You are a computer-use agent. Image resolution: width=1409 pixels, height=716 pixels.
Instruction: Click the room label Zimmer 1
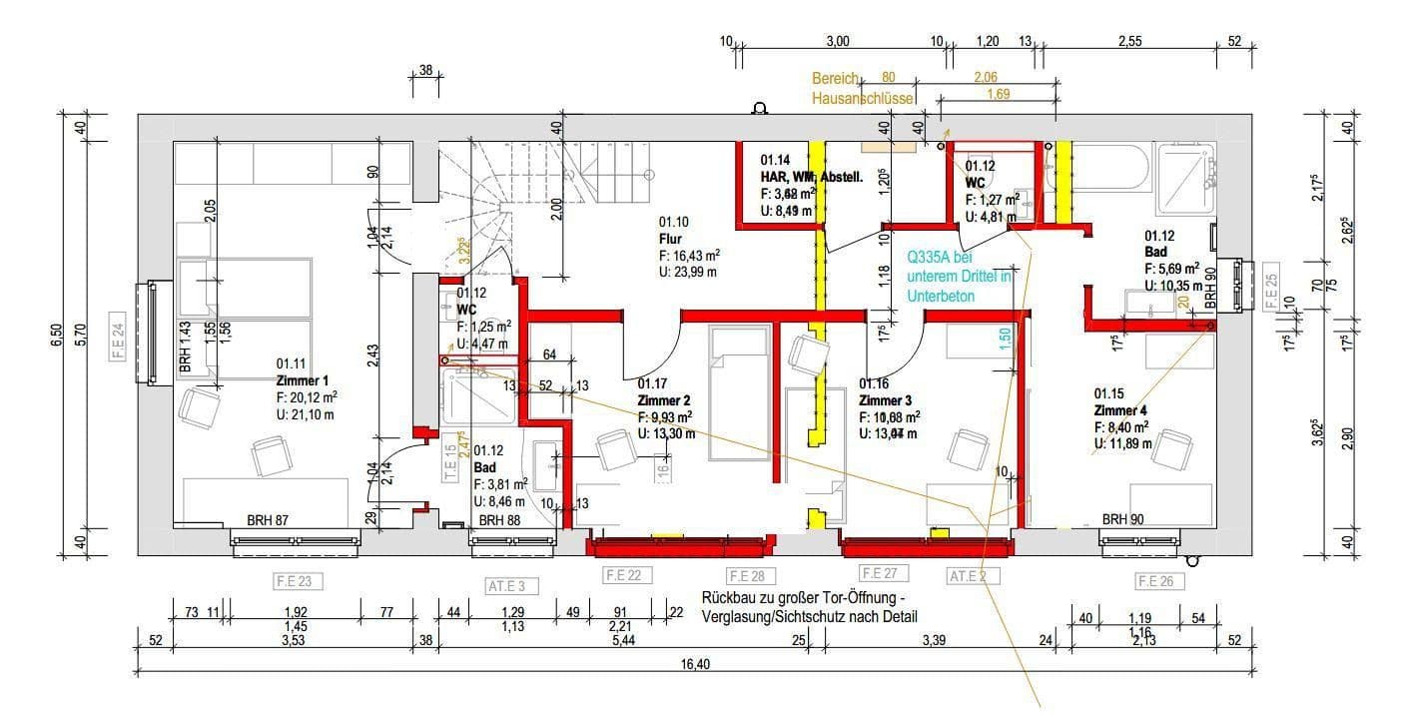pyautogui.click(x=302, y=381)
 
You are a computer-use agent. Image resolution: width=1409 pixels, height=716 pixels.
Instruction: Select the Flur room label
pyautogui.click(x=670, y=240)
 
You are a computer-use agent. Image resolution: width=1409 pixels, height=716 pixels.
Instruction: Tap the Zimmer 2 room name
pyautogui.click(x=663, y=400)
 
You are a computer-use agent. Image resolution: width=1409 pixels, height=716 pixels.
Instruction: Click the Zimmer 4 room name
pyautogui.click(x=1120, y=410)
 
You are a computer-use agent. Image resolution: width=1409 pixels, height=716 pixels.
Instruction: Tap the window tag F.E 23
pyautogui.click(x=297, y=580)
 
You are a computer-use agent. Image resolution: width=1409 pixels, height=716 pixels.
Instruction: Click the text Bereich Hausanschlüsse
pyautogui.click(x=861, y=89)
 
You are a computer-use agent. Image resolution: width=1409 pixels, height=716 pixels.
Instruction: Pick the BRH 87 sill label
pyautogui.click(x=268, y=520)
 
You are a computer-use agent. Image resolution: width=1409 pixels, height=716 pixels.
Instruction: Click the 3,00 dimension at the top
pyautogui.click(x=838, y=41)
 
